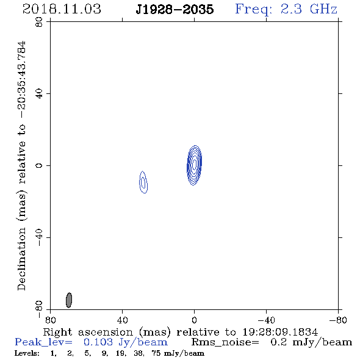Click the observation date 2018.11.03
click(62, 9)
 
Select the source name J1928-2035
click(175, 9)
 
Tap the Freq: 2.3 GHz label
click(286, 9)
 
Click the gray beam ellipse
click(69, 300)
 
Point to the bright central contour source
click(195, 165)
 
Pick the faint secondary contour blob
click(143, 182)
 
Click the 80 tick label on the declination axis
click(39, 22)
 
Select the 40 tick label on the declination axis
click(39, 94)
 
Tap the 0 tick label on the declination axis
click(39, 165)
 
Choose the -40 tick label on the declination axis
click(39, 237)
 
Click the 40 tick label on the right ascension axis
click(122, 320)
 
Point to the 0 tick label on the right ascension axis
click(194, 320)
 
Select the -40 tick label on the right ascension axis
click(266, 320)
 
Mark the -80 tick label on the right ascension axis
click(338, 320)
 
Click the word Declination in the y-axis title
click(21, 259)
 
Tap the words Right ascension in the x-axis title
click(88, 332)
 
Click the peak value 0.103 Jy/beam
click(126, 342)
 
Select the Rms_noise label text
click(225, 342)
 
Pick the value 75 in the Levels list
click(156, 353)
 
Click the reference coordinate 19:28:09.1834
click(280, 332)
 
